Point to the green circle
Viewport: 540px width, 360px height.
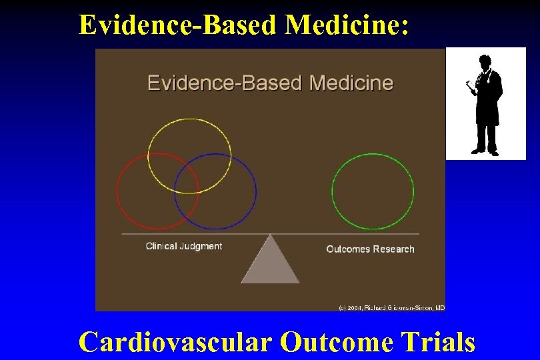click(x=372, y=191)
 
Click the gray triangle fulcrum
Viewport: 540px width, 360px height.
click(x=270, y=263)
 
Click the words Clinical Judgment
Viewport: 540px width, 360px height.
click(x=183, y=246)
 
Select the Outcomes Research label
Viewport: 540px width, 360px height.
click(x=370, y=249)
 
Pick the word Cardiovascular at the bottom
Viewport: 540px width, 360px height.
click(x=175, y=342)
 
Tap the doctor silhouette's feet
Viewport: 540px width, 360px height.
click(x=486, y=152)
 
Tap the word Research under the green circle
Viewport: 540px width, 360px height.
click(x=392, y=249)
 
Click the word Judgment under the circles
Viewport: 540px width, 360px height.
click(x=201, y=246)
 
